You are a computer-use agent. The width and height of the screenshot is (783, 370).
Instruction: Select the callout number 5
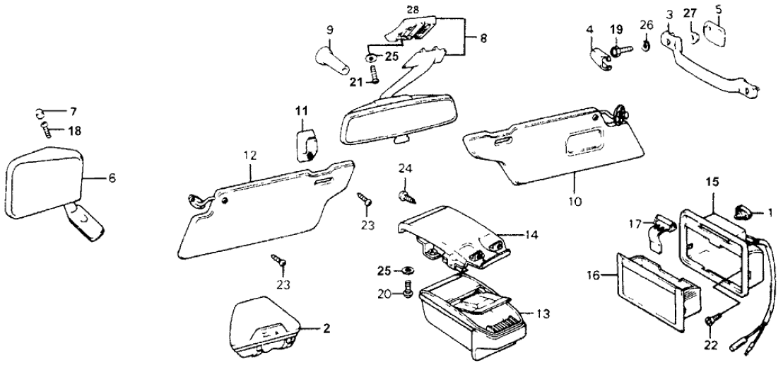point(719,10)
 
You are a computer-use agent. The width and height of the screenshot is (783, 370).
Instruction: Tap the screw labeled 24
point(404,195)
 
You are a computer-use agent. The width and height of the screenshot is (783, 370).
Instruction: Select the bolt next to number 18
point(47,130)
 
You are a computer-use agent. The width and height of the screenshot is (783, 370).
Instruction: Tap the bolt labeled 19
point(618,51)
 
